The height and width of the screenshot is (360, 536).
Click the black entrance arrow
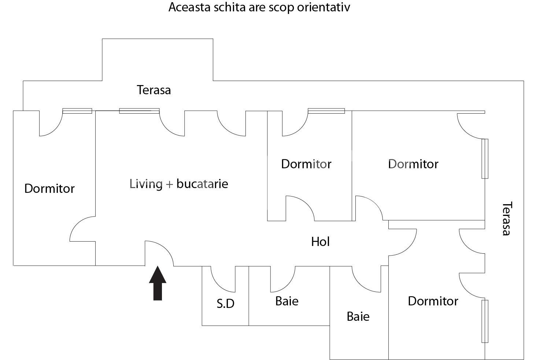158,283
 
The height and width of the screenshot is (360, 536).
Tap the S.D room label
225,304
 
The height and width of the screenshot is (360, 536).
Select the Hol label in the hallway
320,242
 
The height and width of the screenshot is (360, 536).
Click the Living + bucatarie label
179,183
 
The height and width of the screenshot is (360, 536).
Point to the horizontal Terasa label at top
154,90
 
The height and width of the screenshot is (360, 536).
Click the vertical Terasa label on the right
506,218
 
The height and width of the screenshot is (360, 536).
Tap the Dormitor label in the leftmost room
49,188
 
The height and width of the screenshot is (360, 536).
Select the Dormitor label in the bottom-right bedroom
433,301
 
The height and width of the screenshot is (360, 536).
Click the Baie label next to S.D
287,301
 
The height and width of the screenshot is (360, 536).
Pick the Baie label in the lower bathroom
358,316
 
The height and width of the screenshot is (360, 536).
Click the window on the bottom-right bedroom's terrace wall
485,321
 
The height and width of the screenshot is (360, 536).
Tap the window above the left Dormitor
77,111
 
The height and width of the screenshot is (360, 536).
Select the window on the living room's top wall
139,111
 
